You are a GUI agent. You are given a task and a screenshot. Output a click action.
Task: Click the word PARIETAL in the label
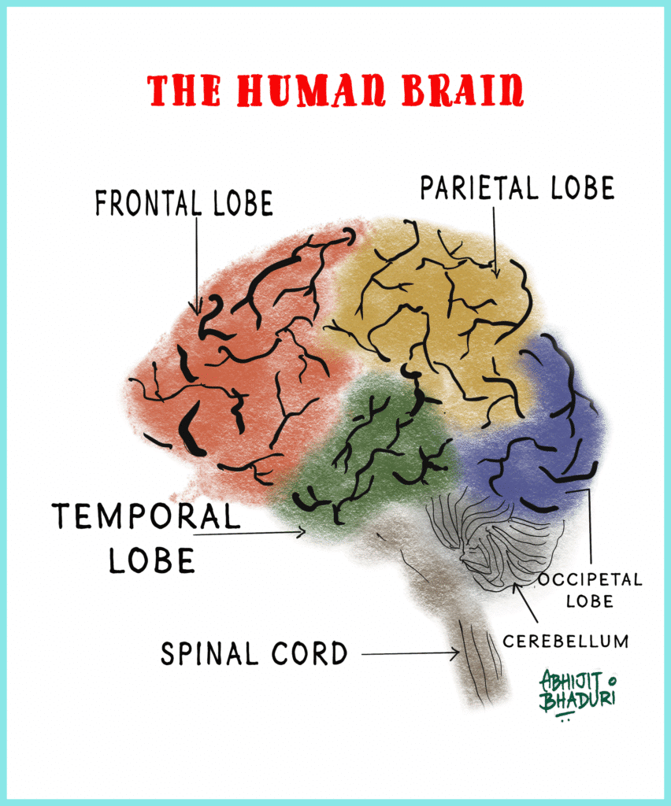click(x=471, y=188)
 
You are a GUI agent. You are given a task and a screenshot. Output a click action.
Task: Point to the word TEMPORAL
click(x=146, y=516)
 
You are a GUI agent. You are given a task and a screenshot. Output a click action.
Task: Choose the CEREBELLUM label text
click(x=565, y=641)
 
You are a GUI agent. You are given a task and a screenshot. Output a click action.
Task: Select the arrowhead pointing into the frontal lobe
click(x=196, y=309)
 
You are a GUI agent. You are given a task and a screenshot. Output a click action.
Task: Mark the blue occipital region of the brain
click(x=551, y=425)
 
